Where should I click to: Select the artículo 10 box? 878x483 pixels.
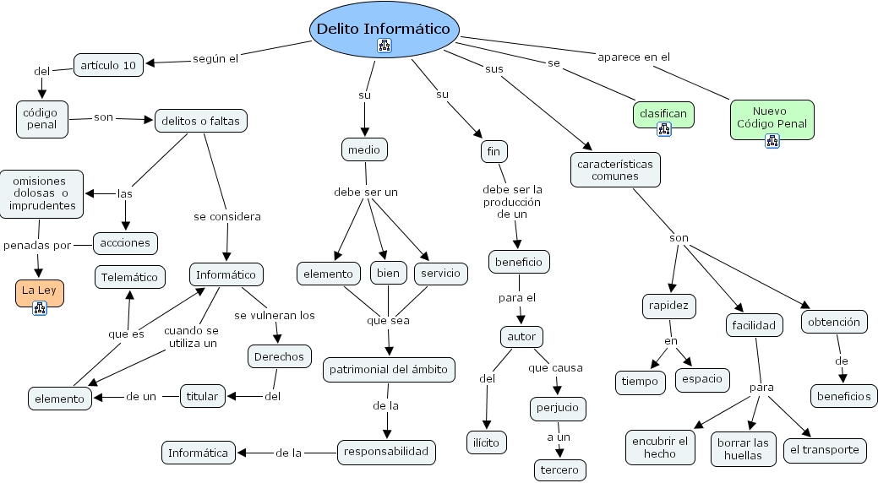click(x=109, y=65)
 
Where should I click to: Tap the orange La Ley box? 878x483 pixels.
click(x=39, y=292)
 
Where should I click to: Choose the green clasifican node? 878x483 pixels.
click(x=663, y=113)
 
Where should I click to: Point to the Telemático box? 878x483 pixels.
click(x=130, y=276)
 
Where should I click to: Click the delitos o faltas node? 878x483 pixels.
click(x=200, y=121)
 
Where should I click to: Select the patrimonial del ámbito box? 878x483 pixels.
click(x=390, y=369)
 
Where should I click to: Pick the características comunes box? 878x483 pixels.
click(x=615, y=170)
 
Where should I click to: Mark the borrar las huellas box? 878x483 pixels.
click(x=743, y=448)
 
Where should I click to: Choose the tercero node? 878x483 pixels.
click(x=559, y=469)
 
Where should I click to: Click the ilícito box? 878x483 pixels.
click(x=487, y=442)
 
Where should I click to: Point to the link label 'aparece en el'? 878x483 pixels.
click(x=633, y=57)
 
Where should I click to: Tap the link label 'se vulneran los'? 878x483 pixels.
click(x=275, y=315)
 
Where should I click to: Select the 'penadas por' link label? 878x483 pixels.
click(x=37, y=245)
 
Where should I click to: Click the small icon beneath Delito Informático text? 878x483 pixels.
click(x=384, y=46)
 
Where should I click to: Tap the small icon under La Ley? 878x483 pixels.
click(x=39, y=308)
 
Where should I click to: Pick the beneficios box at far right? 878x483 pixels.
click(x=843, y=395)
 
